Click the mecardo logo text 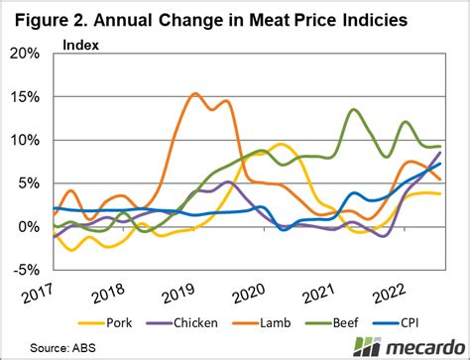417,347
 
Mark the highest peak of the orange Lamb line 194,94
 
